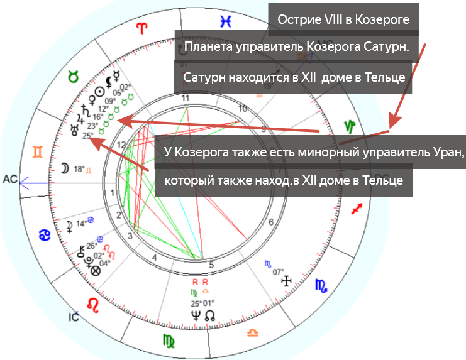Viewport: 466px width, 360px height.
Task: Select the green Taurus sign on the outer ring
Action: tap(74, 77)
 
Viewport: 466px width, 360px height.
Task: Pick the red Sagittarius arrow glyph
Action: tap(358, 209)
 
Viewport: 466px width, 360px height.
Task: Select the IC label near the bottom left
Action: tap(73, 317)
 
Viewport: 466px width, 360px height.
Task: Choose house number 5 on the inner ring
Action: tap(212, 265)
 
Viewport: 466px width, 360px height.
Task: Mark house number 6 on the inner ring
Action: tap(270, 222)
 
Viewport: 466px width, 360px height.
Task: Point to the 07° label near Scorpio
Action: tap(278, 272)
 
